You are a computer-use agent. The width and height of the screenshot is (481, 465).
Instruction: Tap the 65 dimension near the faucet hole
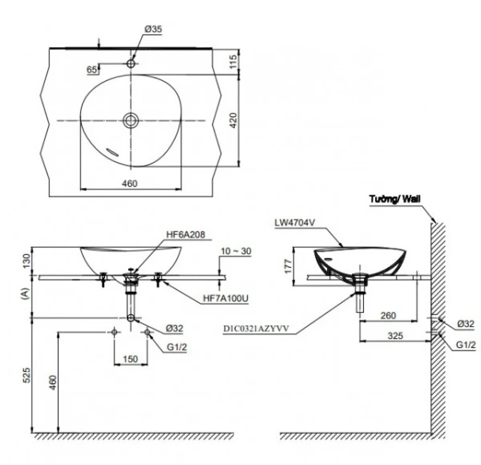(92, 69)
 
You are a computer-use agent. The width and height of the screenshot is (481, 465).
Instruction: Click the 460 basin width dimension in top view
(130, 184)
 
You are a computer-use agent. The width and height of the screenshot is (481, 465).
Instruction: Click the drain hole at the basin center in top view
(131, 120)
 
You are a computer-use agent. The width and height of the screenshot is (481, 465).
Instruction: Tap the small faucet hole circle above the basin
(131, 64)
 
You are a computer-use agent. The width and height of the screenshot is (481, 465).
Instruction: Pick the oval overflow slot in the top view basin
(113, 151)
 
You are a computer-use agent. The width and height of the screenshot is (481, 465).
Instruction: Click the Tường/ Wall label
(395, 199)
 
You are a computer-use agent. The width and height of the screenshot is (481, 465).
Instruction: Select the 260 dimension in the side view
(388, 316)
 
